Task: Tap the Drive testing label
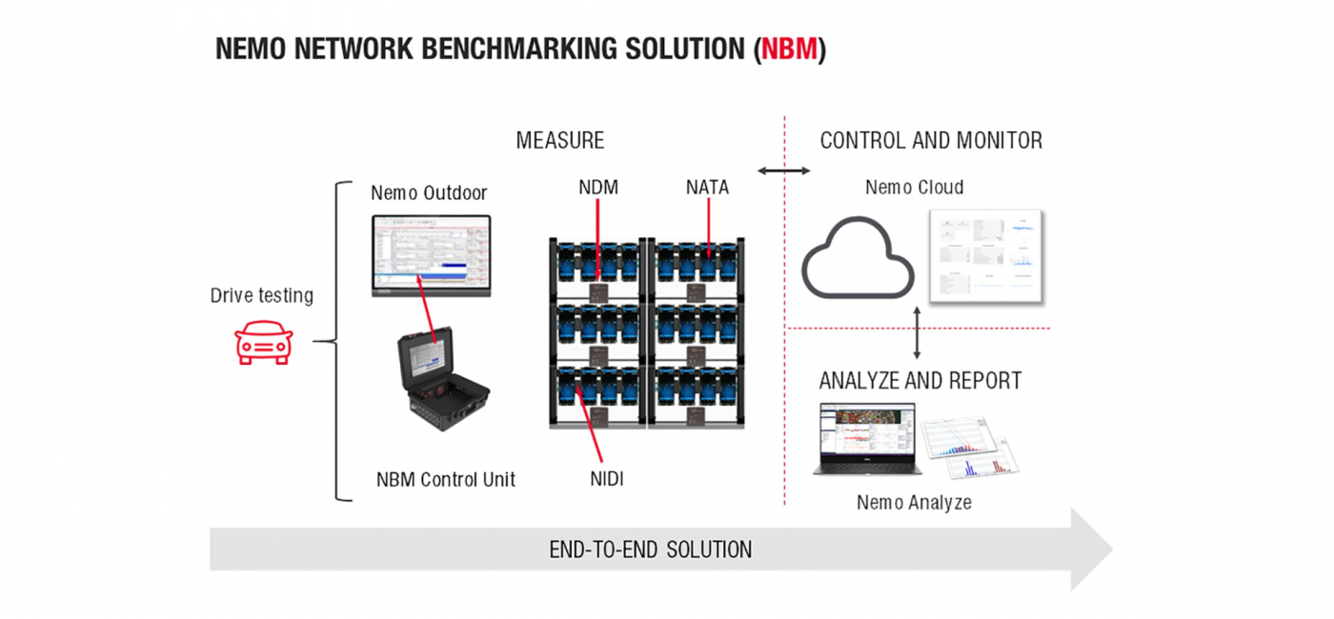point(261,295)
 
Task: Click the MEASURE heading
point(560,141)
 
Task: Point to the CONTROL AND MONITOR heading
point(931,141)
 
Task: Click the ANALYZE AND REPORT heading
point(920,381)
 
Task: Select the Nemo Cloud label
point(914,188)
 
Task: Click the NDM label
point(598,188)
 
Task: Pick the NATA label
point(707,188)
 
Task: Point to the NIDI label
point(606,479)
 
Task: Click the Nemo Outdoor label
point(429,193)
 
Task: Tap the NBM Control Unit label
point(446,479)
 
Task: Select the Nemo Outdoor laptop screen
point(430,252)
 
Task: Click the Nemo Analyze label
point(914,502)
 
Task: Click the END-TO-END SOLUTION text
point(651,549)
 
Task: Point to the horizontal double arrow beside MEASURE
point(783,171)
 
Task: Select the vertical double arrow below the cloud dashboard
point(917,332)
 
